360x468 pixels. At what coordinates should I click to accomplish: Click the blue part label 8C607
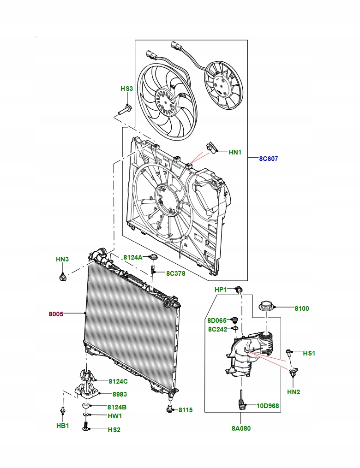coord(268,159)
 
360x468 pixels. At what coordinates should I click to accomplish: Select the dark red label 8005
coord(56,314)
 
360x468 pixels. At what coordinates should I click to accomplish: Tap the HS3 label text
coord(126,89)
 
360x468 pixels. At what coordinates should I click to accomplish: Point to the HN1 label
coord(235,152)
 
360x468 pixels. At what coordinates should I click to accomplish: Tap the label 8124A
coord(133,257)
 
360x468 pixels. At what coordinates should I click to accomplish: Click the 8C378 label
coord(175,273)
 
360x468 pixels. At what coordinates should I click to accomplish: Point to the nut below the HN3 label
coord(62,278)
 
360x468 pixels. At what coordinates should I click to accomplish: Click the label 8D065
coord(217,320)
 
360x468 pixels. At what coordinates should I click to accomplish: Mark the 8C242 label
coord(217,329)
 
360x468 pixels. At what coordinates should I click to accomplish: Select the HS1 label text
coord(309,353)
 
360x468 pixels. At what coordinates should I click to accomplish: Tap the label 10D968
coord(269,406)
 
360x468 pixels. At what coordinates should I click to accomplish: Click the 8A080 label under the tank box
coord(241,428)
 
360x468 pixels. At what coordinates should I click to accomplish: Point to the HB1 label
coord(62,426)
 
